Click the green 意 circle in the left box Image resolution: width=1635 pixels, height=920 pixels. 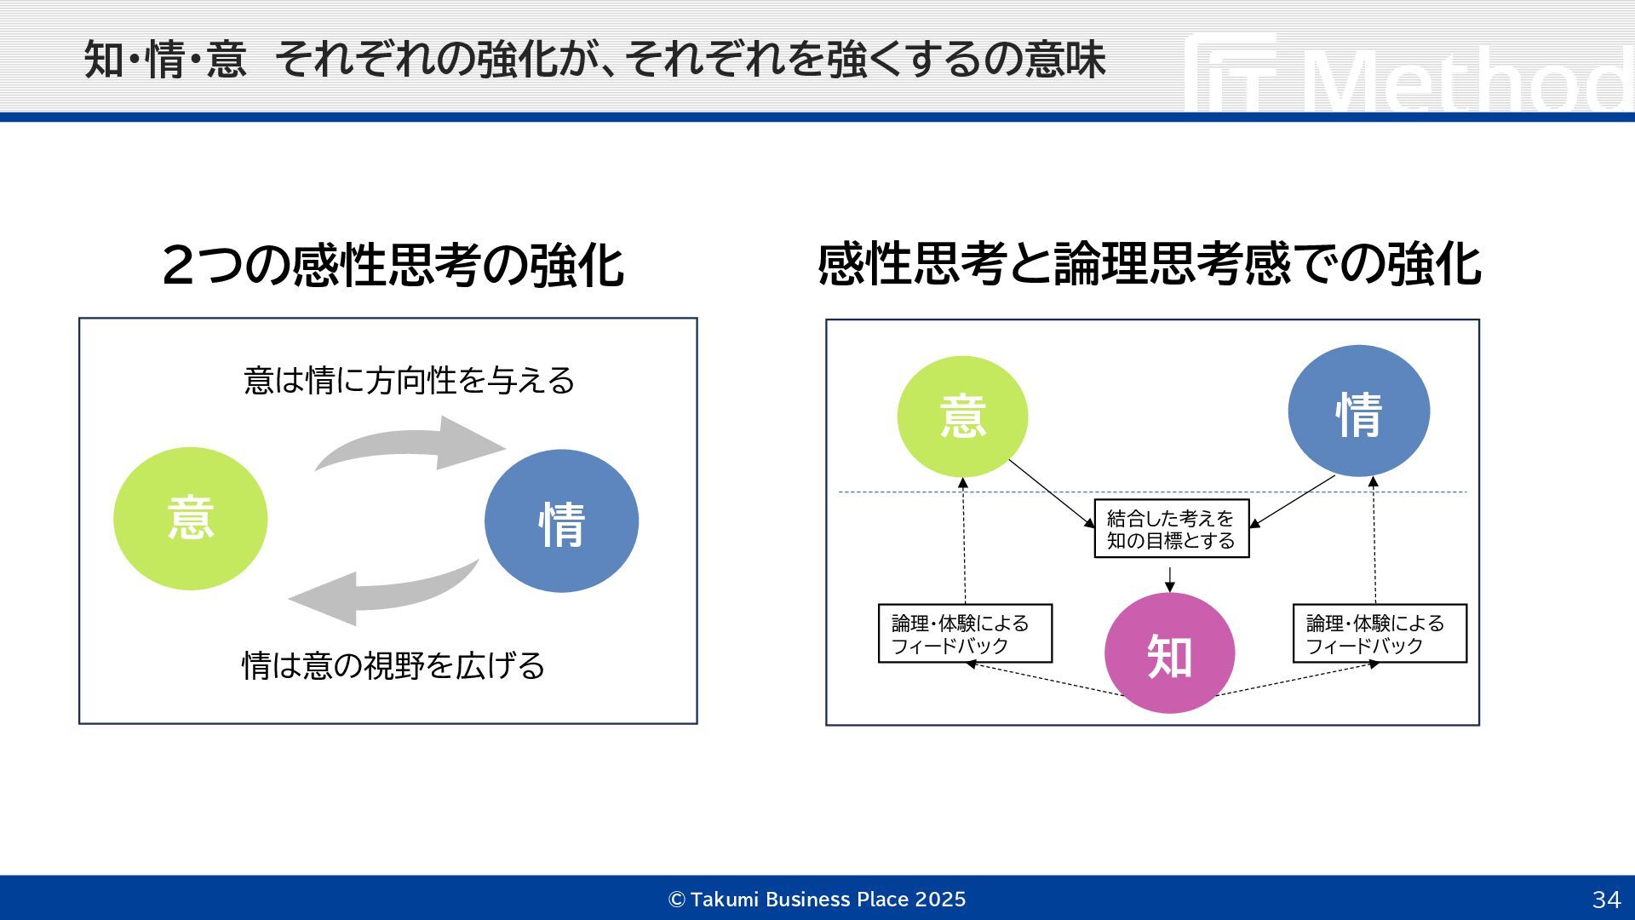(x=190, y=519)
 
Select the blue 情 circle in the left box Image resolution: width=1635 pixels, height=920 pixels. (x=561, y=521)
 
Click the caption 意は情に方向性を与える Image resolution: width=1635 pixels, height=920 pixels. (x=409, y=380)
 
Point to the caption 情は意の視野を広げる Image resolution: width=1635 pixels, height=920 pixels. (x=393, y=665)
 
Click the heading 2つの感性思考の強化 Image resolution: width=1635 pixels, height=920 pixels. (x=393, y=265)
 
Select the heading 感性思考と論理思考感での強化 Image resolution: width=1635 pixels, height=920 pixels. (x=1149, y=264)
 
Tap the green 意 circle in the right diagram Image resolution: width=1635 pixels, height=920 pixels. (x=962, y=417)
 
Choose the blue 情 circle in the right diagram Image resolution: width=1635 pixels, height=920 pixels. (x=1358, y=411)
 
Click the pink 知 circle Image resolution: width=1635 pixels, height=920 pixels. (x=1169, y=654)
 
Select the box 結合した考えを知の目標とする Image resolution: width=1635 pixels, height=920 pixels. (x=1171, y=529)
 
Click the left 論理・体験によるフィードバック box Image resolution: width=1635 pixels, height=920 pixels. (x=965, y=634)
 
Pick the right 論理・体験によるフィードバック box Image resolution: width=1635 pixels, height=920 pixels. (x=1379, y=634)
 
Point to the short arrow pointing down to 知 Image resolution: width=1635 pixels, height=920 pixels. (x=1170, y=578)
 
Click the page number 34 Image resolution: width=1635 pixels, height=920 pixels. (x=1606, y=900)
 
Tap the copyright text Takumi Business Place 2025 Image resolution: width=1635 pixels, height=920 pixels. (x=817, y=900)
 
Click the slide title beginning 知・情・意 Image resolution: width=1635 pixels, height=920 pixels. (x=594, y=60)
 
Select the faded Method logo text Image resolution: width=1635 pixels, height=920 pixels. (x=1465, y=81)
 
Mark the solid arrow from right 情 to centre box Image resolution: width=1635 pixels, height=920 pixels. (x=1293, y=501)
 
